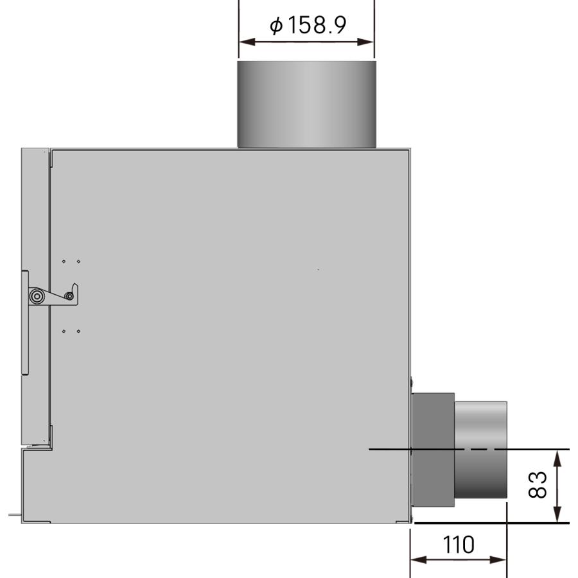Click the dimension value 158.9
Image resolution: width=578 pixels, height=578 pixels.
tap(317, 26)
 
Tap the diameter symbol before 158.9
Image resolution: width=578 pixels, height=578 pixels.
tap(276, 26)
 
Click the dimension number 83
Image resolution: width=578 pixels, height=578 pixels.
tap(539, 485)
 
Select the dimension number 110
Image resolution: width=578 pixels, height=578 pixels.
tap(458, 545)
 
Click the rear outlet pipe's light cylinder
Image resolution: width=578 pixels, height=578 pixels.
tap(481, 450)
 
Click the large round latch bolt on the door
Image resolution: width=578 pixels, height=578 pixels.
tap(37, 296)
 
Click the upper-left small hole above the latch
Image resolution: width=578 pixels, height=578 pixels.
tap(64, 261)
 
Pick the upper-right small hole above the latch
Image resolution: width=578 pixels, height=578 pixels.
tap(78, 261)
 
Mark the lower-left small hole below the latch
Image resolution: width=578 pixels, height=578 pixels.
tap(64, 331)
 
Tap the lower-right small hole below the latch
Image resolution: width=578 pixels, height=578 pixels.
tap(78, 331)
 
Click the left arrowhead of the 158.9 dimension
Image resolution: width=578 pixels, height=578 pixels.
tap(243, 42)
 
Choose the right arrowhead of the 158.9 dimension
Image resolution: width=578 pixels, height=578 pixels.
tap(369, 42)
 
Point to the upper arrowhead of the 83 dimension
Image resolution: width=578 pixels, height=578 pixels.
tap(557, 455)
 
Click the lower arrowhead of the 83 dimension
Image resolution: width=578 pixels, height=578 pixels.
tap(557, 517)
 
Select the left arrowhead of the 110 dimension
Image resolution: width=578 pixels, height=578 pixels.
tap(416, 560)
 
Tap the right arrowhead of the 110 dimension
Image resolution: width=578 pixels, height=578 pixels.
tap(502, 560)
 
